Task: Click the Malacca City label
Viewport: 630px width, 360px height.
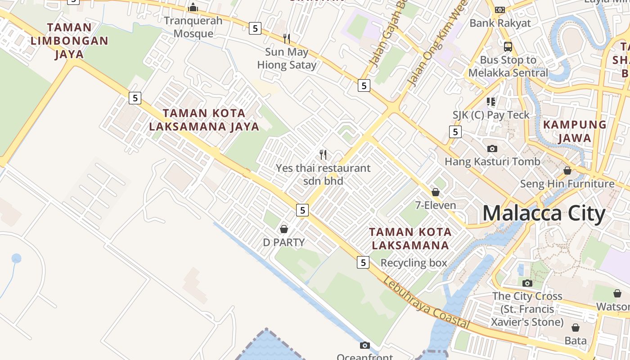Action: [544, 213]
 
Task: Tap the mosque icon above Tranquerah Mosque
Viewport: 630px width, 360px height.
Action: [193, 7]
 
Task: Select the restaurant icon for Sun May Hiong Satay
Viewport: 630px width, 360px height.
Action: [286, 38]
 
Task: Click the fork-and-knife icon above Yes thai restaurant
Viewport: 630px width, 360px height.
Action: [323, 155]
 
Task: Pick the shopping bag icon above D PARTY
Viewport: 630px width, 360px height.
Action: [284, 229]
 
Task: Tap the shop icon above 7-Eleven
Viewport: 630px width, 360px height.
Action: [436, 192]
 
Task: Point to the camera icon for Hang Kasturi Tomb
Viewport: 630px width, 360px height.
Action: [492, 148]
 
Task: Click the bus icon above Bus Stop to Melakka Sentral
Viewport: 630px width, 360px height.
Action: [508, 46]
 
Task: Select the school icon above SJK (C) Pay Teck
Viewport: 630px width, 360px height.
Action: [491, 102]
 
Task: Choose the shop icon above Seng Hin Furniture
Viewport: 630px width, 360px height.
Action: [567, 171]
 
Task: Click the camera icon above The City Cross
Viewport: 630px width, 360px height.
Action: [527, 283]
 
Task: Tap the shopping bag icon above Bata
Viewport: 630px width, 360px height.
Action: [576, 328]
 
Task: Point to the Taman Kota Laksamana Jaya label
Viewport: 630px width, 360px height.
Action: [204, 120]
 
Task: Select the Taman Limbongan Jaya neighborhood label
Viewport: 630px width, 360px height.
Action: [69, 40]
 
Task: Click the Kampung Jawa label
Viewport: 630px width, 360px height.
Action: [575, 131]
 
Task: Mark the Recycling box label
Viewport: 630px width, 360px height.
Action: [414, 263]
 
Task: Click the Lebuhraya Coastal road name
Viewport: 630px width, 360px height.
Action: [427, 304]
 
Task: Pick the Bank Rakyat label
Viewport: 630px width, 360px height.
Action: [500, 23]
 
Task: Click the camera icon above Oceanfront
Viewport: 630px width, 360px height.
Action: [365, 346]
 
